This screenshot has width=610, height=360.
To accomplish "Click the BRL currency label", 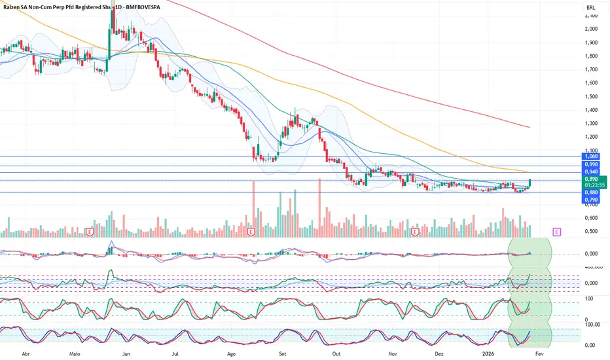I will (x=591, y=8).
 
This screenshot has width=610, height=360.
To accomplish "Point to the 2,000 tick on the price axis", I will (x=592, y=29).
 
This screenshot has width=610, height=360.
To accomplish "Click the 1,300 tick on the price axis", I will (x=592, y=123).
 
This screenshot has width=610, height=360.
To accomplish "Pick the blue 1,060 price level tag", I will (x=591, y=156).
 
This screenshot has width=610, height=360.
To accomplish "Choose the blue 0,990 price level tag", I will (x=591, y=164).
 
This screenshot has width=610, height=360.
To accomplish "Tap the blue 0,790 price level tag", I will (x=591, y=199).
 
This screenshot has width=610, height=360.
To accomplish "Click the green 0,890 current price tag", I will (x=591, y=178).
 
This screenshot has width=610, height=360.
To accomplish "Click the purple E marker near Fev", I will (x=556, y=231).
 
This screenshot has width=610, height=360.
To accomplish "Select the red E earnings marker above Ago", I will (x=251, y=231).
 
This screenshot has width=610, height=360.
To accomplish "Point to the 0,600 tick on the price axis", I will (x=592, y=218).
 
